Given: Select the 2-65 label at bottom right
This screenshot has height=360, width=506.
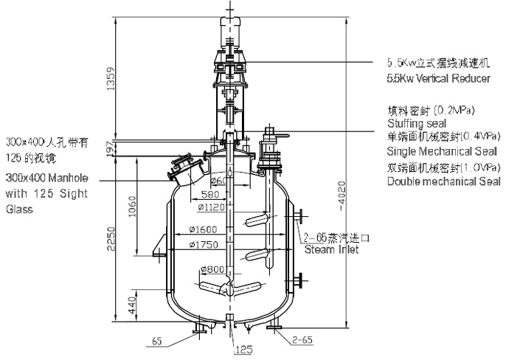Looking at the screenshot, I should coord(303,340).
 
